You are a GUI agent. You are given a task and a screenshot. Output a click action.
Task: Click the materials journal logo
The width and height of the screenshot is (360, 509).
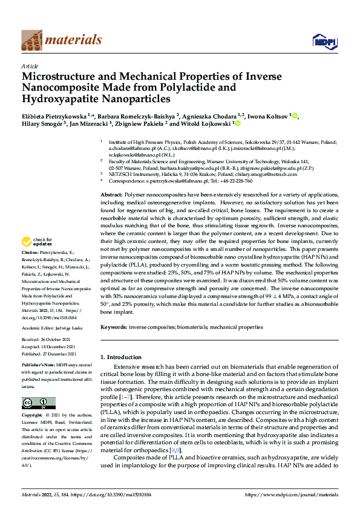click(62, 40)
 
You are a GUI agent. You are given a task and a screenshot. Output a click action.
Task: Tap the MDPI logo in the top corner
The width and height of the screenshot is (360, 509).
click(324, 41)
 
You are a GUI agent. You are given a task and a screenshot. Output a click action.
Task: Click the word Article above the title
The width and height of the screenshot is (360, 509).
click(30, 66)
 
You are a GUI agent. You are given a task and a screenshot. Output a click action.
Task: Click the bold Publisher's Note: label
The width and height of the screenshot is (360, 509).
click(38, 367)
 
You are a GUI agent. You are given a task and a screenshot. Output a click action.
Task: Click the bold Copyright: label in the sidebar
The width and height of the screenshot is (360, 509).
click(32, 416)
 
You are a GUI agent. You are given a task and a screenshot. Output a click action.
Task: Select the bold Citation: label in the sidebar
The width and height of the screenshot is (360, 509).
click(30, 268)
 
